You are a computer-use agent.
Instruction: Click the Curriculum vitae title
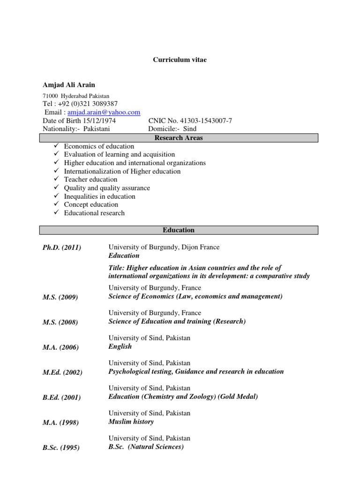coord(180,60)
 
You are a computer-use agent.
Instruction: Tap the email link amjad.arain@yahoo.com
coord(104,112)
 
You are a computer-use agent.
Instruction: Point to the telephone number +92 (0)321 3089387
coord(87,104)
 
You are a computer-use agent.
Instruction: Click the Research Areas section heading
coord(178,138)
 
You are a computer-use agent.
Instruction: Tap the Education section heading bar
coord(178,230)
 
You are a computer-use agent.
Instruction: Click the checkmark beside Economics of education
coord(55,146)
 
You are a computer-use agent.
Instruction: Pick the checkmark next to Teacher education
coord(55,180)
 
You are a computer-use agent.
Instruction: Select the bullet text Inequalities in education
coord(100,196)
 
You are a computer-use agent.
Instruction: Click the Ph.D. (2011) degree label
coord(62,248)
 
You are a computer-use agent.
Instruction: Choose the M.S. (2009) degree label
coord(60,297)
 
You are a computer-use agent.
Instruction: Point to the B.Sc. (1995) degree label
coord(61,448)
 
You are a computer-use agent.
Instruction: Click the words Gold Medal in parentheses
coord(238,397)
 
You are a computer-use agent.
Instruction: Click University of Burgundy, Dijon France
coord(164,247)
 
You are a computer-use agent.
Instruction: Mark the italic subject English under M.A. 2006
coord(120,346)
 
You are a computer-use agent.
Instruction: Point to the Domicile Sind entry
coord(172,129)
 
